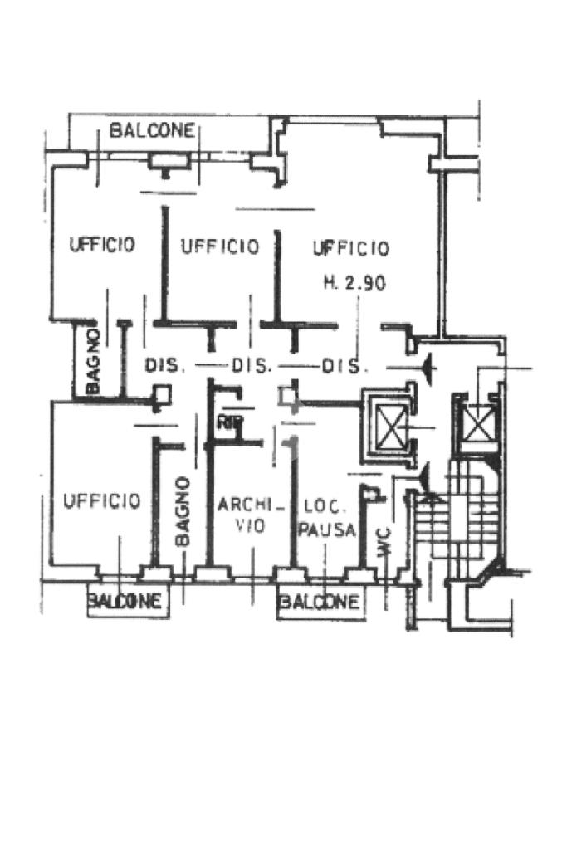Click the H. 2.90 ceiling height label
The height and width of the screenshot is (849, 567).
click(x=354, y=283)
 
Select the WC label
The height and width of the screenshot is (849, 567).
click(x=384, y=539)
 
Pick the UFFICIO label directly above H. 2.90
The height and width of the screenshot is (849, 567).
click(x=350, y=247)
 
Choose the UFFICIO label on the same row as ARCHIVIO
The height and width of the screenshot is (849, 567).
click(x=102, y=501)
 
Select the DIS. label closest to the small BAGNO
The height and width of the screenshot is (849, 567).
click(x=164, y=365)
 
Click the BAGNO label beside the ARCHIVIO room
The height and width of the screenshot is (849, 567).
click(x=183, y=511)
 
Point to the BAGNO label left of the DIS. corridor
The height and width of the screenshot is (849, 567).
click(x=93, y=361)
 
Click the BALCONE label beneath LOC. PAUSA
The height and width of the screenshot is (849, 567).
click(x=320, y=602)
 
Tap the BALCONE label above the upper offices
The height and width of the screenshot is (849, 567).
click(x=153, y=130)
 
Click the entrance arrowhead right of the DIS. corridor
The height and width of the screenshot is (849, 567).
click(x=427, y=366)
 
